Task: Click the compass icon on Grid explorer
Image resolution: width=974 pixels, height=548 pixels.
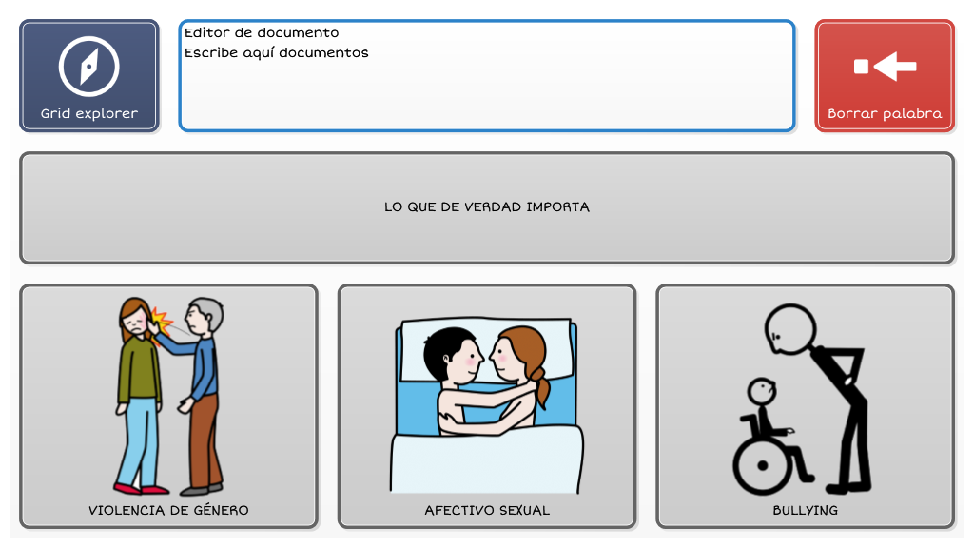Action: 88,67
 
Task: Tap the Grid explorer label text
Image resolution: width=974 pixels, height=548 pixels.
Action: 89,114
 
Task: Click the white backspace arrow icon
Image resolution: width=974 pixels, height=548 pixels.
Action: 886,67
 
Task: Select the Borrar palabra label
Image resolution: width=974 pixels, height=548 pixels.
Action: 885,114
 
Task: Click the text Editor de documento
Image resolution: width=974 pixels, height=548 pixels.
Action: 262,32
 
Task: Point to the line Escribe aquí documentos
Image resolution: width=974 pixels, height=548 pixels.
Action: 277,53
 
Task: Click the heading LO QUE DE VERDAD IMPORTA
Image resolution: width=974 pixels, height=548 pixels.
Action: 487,206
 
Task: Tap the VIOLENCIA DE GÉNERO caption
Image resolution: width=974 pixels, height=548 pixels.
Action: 168,511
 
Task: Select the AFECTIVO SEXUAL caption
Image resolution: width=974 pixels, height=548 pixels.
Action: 487,511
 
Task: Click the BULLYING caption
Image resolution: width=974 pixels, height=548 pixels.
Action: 805,511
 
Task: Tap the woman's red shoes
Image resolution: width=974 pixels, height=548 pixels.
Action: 141,489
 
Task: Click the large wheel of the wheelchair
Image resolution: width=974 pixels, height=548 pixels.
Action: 763,465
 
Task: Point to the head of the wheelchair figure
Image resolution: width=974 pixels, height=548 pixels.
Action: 762,391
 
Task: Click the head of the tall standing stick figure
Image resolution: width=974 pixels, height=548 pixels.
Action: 790,329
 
